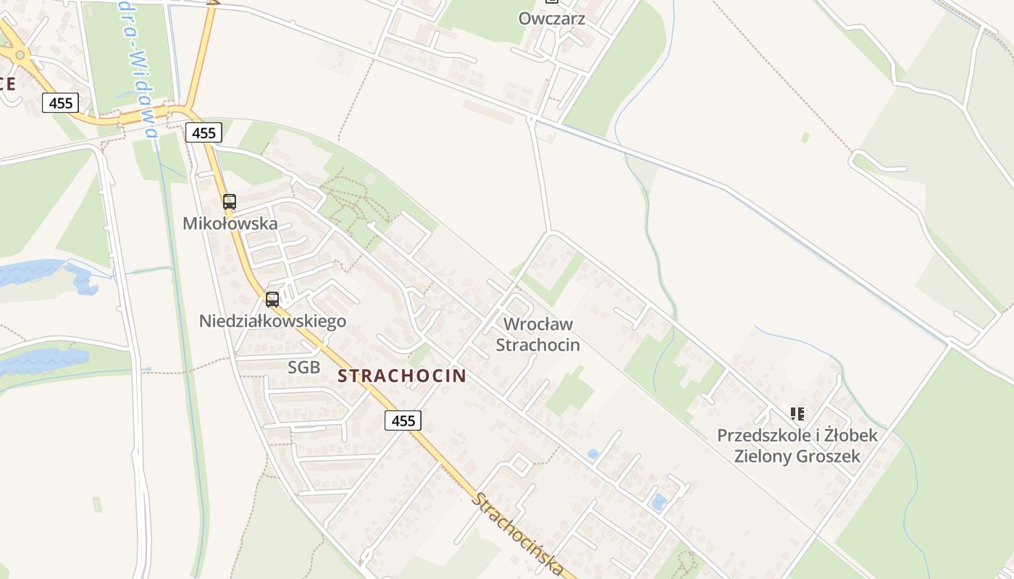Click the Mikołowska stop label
(x=230, y=223)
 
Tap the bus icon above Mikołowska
(x=230, y=202)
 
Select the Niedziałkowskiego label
(x=272, y=321)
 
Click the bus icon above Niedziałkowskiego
(x=272, y=299)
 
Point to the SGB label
(x=303, y=367)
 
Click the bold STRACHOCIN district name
(x=402, y=376)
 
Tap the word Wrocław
(x=537, y=324)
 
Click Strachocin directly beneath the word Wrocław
(x=537, y=345)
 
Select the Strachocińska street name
(x=518, y=533)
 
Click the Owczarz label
(x=551, y=18)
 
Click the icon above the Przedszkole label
(x=797, y=414)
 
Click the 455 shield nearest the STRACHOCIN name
(x=403, y=420)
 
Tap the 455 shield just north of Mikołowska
(x=204, y=132)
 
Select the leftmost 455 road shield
(x=60, y=103)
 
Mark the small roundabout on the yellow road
(x=20, y=54)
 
